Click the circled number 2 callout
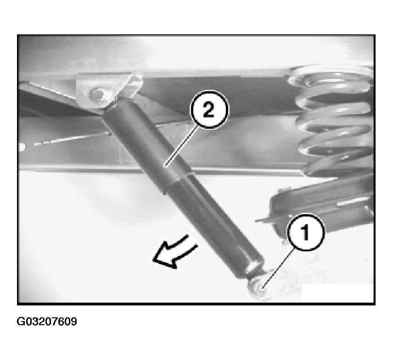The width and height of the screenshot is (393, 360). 209,110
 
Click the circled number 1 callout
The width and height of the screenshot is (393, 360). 306,233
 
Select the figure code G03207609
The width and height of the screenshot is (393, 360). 47,321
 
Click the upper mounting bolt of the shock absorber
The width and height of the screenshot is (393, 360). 97,94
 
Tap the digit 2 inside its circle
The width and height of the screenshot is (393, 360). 208,110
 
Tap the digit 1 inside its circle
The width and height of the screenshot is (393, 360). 305,233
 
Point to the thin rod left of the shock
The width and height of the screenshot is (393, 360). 73,139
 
